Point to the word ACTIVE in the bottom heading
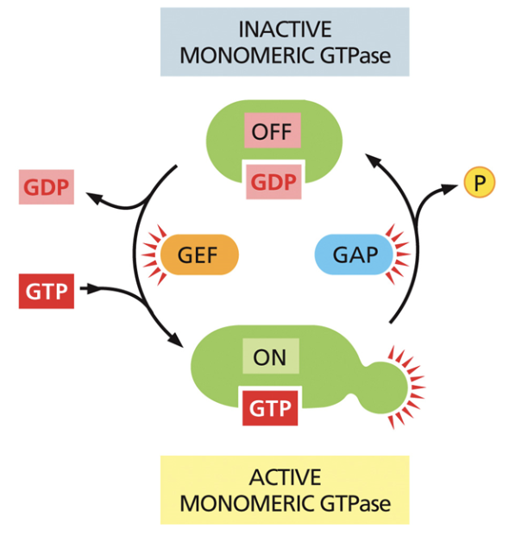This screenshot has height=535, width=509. point(284,477)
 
